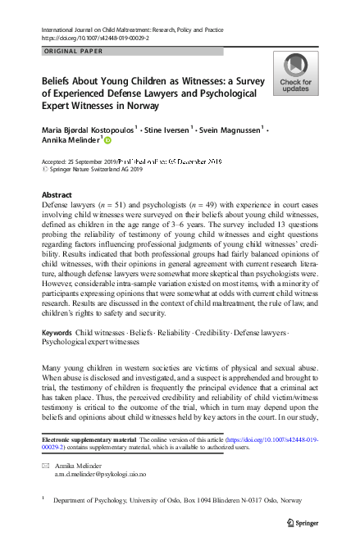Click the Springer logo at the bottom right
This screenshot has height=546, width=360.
coord(305,522)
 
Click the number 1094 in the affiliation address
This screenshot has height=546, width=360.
coord(198,498)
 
